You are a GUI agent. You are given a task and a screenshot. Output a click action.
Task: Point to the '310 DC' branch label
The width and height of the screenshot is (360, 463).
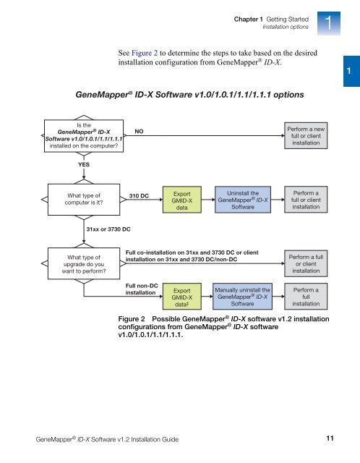point(139,196)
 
